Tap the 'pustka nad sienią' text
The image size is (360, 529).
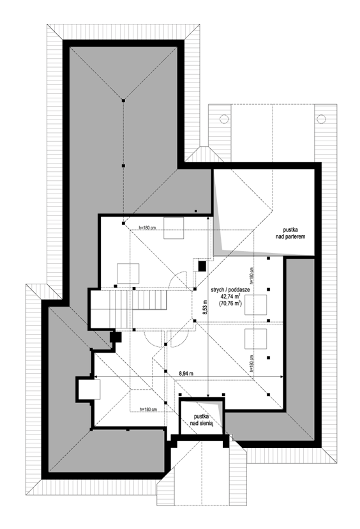pyautogui.click(x=201, y=420)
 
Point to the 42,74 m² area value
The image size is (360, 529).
pyautogui.click(x=230, y=296)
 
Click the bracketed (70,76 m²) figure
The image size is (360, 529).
pyautogui.click(x=230, y=303)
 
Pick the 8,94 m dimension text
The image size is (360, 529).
pyautogui.click(x=186, y=374)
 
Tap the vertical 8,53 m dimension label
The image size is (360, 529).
pyautogui.click(x=205, y=307)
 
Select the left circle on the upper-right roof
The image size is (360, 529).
pyautogui.click(x=224, y=119)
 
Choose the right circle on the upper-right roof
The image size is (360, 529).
pyautogui.click(x=321, y=119)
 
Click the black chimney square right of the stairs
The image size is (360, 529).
pyautogui.click(x=202, y=266)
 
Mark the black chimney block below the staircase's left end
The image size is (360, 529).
pyautogui.click(x=116, y=337)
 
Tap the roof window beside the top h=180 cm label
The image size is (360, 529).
pyautogui.click(x=174, y=228)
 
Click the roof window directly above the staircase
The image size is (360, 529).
pyautogui.click(x=128, y=273)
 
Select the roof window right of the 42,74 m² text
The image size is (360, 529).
pyautogui.click(x=256, y=305)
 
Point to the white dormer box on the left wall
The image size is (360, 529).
pyautogui.click(x=89, y=390)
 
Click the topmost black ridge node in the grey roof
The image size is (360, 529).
pyautogui.click(x=123, y=100)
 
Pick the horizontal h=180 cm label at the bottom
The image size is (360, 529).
pyautogui.click(x=148, y=410)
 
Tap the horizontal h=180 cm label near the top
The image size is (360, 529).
pyautogui.click(x=147, y=227)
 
